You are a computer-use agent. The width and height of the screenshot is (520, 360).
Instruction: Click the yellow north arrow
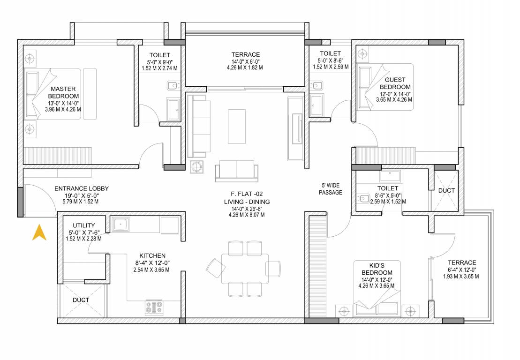tap(39, 232)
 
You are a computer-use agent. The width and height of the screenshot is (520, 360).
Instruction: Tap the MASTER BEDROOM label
tap(63, 92)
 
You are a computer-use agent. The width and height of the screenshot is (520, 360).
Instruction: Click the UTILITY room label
tap(84, 225)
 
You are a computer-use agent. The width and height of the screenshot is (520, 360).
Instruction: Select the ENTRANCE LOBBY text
tap(82, 188)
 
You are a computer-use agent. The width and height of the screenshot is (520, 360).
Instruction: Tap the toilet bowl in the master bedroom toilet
tap(173, 86)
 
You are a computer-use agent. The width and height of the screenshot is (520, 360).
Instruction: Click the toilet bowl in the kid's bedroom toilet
tap(363, 199)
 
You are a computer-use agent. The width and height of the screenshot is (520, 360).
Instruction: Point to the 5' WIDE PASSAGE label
tap(331, 189)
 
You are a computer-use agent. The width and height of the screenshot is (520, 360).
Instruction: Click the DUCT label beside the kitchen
tap(81, 300)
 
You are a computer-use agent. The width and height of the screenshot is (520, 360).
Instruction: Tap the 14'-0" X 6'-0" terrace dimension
tap(245, 61)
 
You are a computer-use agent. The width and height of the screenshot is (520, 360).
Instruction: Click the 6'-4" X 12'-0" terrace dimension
tap(461, 270)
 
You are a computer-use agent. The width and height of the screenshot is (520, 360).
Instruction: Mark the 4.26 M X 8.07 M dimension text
tap(246, 215)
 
